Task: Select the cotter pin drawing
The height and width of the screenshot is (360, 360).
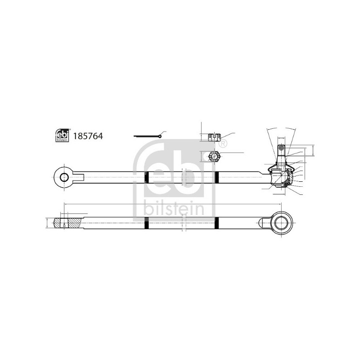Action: [x=149, y=136]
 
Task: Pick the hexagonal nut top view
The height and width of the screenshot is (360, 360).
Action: [x=215, y=157]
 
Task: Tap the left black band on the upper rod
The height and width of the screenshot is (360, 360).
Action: [x=146, y=177]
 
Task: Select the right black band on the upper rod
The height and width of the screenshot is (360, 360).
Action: [x=217, y=177]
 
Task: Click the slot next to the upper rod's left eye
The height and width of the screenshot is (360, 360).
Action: [x=77, y=177]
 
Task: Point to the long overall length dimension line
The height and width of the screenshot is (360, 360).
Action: [x=171, y=204]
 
